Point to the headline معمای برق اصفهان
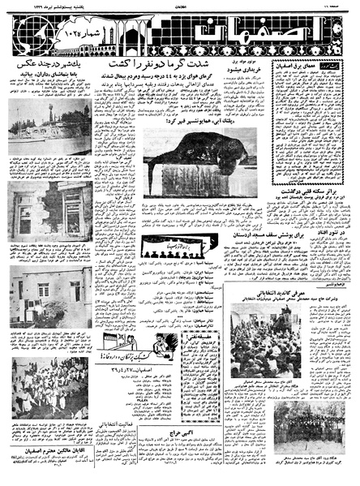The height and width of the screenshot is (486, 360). coord(319,67)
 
